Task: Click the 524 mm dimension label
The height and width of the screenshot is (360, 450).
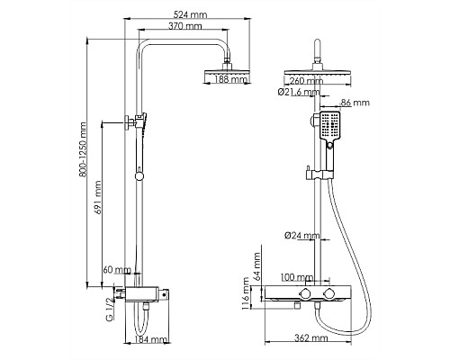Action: [191, 14]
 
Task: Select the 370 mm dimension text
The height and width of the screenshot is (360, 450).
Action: [184, 26]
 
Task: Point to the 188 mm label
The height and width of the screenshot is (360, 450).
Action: [231, 79]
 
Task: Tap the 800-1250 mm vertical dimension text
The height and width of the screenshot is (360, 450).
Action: [84, 149]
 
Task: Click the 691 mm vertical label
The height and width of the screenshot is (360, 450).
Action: [98, 197]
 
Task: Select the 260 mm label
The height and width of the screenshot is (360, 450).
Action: [306, 80]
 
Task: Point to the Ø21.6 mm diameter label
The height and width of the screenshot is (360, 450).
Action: [299, 92]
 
